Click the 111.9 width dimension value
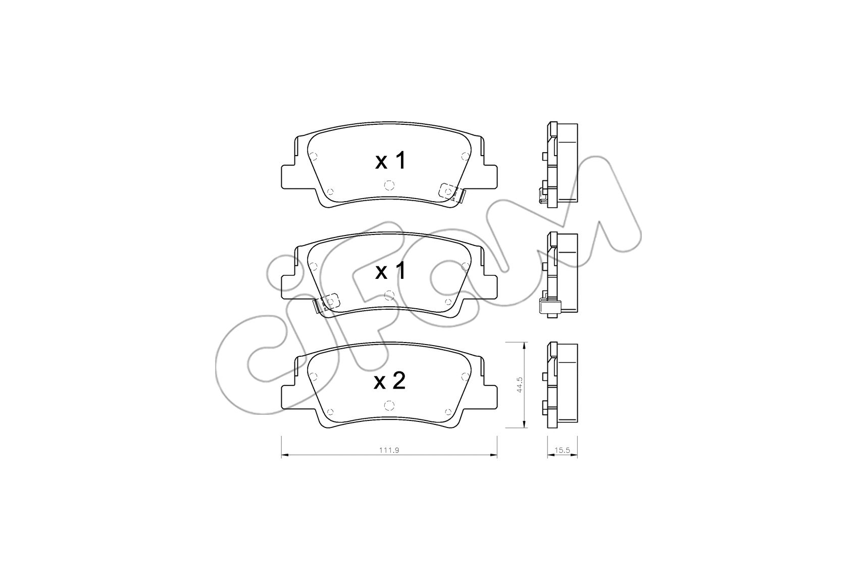389,451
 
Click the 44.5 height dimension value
519,385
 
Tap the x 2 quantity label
389,381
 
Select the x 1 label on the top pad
390,161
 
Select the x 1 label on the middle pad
390,271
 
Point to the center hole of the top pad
388,184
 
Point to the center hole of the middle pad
388,295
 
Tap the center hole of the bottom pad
388,405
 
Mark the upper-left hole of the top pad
313,156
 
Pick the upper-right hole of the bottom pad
465,376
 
